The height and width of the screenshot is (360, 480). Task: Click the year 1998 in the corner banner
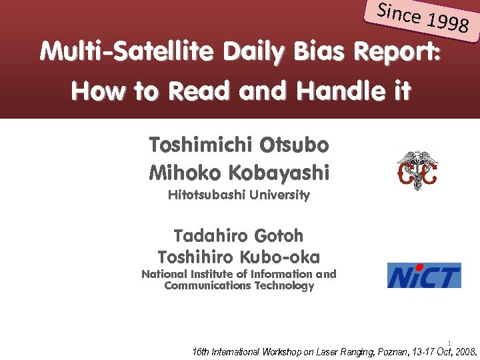click(449, 24)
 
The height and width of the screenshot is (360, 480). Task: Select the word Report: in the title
click(398, 51)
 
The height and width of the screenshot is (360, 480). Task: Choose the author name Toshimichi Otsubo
click(239, 145)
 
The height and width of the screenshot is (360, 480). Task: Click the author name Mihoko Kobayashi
click(239, 173)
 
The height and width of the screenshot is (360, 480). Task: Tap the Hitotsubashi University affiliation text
click(239, 195)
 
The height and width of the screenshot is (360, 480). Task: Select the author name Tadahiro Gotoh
click(239, 236)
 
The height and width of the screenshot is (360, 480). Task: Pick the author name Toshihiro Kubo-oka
click(239, 257)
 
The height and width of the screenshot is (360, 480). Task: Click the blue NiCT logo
click(424, 275)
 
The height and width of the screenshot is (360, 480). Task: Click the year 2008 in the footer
click(464, 351)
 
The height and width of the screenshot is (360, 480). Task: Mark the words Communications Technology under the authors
click(239, 286)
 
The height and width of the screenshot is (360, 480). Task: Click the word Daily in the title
click(255, 51)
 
